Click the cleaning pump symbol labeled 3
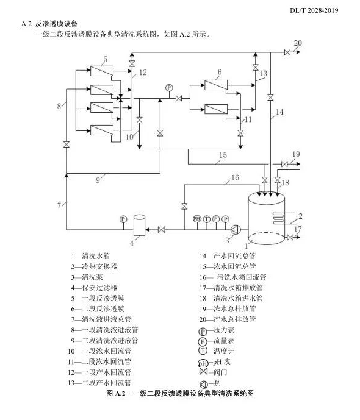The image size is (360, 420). coord(236,230)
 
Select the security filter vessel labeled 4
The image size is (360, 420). coord(139,226)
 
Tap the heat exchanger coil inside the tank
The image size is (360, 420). coord(279,218)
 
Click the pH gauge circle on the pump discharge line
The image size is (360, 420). coord(197,219)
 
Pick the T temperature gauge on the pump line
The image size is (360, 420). coord(206,219)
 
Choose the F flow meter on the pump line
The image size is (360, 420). coord(216,219)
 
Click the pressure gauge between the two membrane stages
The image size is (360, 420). coord(169,88)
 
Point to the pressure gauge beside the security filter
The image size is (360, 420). coord(123,219)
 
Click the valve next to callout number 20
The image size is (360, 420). coord(287,52)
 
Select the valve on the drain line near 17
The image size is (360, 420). coord(289,237)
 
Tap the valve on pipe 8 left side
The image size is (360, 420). coord(67,144)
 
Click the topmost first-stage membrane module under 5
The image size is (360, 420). coord(102,71)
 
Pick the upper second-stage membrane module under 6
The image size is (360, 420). coord(216,85)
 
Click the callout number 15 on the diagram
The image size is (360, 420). coord(223,155)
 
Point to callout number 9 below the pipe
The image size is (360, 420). coord(98,180)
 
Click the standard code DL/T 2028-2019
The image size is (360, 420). coord(314,10)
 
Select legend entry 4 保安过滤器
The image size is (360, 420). coord(94,288)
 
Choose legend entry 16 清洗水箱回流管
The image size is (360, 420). coord(232,277)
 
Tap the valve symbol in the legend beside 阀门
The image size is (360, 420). coord(204,371)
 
